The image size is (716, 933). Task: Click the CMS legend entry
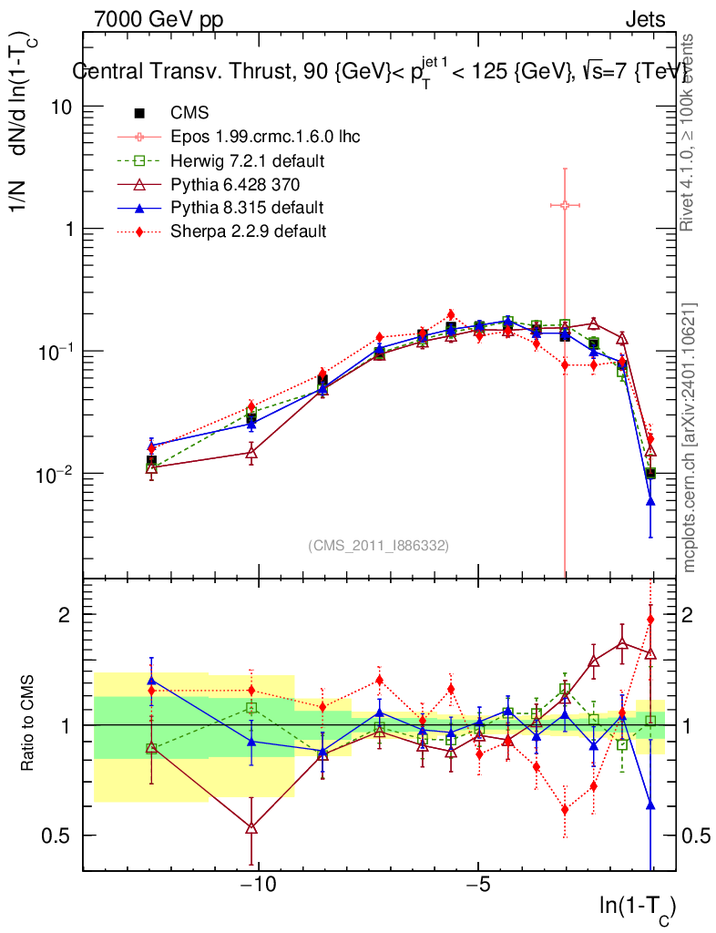[x=189, y=113]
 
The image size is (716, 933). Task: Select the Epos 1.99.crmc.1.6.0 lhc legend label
[x=265, y=137]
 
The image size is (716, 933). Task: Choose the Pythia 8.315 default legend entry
[x=247, y=208]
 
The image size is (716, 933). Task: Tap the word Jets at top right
[x=644, y=19]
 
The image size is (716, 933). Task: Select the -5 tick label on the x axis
[x=479, y=885]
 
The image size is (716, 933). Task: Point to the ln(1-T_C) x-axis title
[x=637, y=907]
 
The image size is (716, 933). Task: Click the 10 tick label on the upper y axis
[x=62, y=107]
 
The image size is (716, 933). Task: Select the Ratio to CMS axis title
[x=29, y=724]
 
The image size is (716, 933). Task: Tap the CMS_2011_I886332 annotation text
[x=378, y=545]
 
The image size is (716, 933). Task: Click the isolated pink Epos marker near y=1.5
[x=565, y=205]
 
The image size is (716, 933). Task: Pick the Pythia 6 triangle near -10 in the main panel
[x=251, y=452]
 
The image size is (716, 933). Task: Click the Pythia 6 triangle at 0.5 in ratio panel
[x=251, y=827]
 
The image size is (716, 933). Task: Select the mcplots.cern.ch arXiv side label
[x=690, y=437]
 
